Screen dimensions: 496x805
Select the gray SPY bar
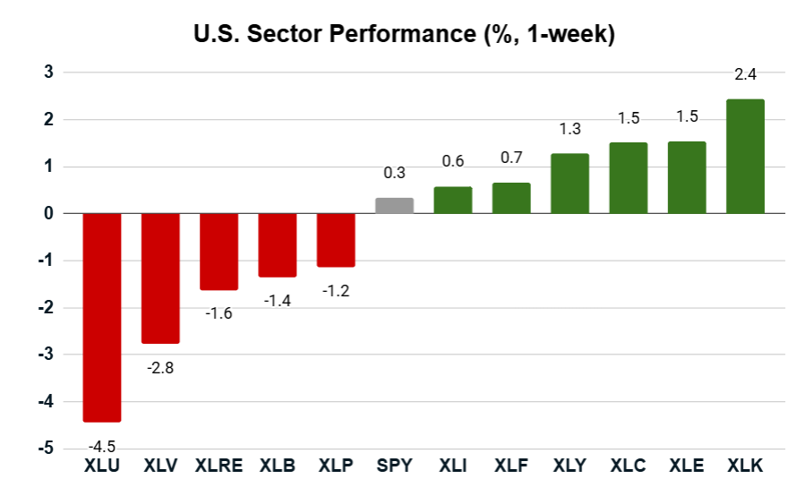[394, 206]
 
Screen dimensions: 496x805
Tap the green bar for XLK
[745, 157]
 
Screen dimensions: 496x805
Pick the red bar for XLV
[160, 278]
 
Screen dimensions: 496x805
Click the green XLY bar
[569, 184]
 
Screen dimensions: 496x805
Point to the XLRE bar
[218, 252]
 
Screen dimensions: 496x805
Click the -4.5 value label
[101, 446]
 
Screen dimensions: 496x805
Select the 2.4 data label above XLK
[745, 74]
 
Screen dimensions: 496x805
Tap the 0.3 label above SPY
[395, 173]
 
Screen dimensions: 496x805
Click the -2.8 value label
[159, 368]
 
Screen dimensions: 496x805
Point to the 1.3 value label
[569, 129]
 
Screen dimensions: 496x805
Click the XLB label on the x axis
[278, 466]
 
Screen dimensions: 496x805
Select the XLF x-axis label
[511, 466]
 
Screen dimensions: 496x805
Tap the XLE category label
[687, 466]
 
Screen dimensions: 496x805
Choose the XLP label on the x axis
[336, 466]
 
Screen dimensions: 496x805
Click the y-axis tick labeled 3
[48, 73]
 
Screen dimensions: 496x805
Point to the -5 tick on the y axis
[45, 449]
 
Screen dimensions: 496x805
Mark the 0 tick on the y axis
[48, 214]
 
